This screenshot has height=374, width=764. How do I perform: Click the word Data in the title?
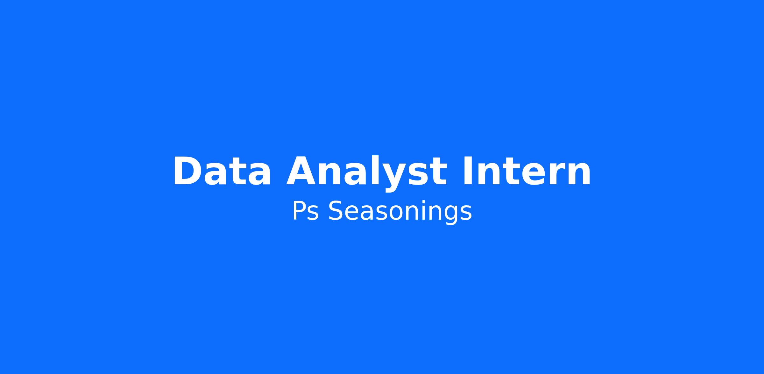pyautogui.click(x=222, y=171)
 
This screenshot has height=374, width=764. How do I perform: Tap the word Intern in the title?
pyautogui.click(x=527, y=171)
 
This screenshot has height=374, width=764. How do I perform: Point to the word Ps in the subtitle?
pyautogui.click(x=305, y=211)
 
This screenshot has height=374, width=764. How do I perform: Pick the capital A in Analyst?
pyautogui.click(x=302, y=171)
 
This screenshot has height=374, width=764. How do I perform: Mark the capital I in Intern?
pyautogui.click(x=467, y=171)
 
